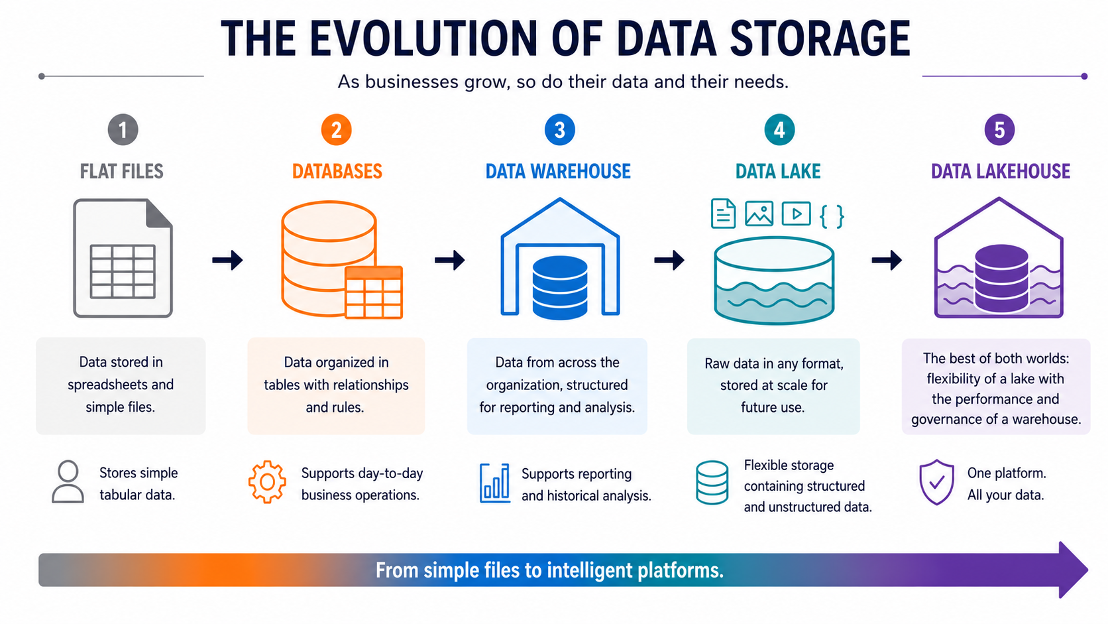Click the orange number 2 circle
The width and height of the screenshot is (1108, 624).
click(337, 130)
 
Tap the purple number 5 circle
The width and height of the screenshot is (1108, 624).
click(999, 130)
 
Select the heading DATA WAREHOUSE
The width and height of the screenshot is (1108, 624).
click(558, 171)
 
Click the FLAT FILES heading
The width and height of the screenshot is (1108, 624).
click(122, 171)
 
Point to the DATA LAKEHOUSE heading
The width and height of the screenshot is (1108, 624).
click(1001, 171)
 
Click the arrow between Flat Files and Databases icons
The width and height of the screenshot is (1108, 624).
click(227, 260)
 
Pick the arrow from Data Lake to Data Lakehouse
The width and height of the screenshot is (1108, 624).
click(887, 260)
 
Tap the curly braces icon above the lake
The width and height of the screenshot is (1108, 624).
click(832, 216)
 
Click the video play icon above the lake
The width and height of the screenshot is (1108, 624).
click(796, 214)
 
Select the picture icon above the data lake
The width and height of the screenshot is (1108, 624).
click(759, 214)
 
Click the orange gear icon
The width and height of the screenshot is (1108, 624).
click(267, 482)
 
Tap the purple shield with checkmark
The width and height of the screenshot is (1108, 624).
click(936, 482)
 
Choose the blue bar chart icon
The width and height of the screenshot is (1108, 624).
click(494, 483)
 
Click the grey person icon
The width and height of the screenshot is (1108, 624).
click(68, 482)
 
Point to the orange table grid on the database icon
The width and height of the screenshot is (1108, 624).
click(374, 292)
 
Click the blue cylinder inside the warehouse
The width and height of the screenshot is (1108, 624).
click(560, 287)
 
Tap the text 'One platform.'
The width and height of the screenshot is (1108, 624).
click(1007, 473)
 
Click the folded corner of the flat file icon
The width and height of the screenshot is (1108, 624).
click(159, 214)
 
